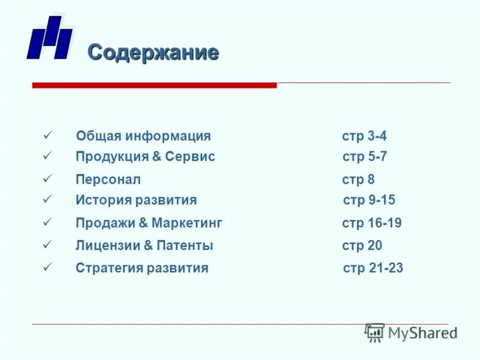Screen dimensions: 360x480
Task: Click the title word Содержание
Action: pos(153,53)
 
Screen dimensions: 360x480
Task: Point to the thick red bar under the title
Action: pos(154,86)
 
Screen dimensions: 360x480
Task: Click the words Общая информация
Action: pos(143,136)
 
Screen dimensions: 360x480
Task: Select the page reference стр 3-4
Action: pos(364,136)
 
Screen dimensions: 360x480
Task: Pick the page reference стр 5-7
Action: pos(365,157)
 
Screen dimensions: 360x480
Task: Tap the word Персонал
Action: pos(108,179)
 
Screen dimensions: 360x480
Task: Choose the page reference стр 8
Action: pos(358,179)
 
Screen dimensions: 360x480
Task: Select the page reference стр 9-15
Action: pos(369,200)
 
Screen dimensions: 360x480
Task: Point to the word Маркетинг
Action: pos(187,223)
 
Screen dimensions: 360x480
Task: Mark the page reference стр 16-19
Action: pos(372,223)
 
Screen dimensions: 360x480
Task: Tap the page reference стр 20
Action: pos(362,245)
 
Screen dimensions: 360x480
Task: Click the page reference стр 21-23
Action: pos(373,268)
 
